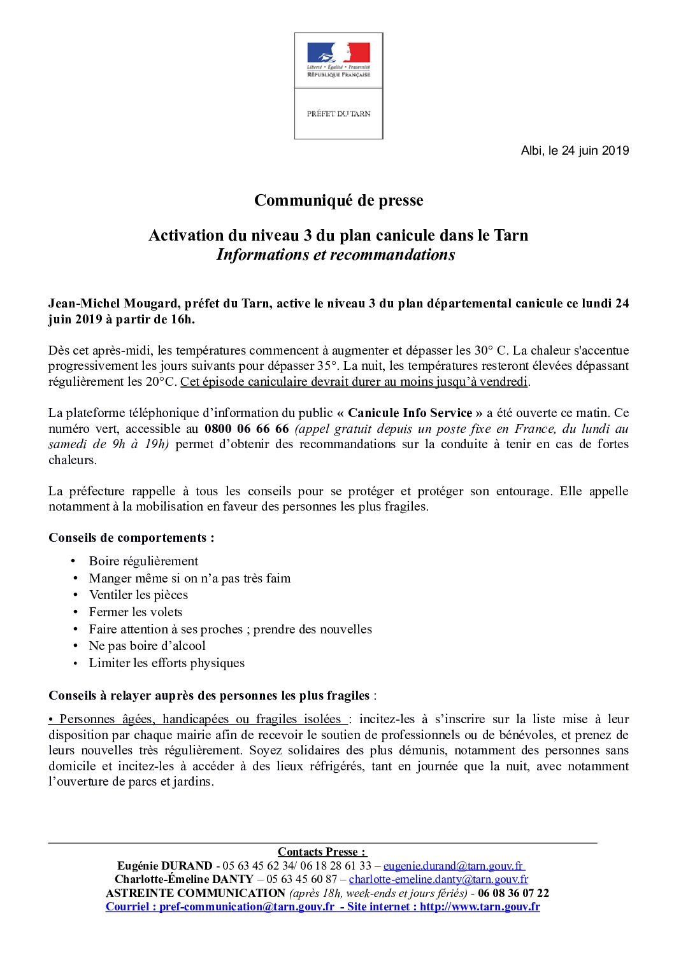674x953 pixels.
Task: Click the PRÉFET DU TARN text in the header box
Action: point(338,114)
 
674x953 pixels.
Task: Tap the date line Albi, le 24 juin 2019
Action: point(575,151)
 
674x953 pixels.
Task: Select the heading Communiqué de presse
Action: point(338,201)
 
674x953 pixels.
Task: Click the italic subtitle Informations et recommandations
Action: point(336,255)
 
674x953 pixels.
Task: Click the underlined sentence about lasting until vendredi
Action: point(354,382)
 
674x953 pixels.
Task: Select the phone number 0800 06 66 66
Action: point(247,429)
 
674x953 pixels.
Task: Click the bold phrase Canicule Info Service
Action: point(410,413)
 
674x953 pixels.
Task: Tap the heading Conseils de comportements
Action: point(131,538)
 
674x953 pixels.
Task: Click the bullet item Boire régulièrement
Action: point(143,561)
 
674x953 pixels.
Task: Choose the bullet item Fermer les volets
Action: point(136,612)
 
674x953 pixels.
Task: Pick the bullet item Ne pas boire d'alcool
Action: point(147,646)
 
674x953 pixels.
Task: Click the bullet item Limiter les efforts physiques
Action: point(166,663)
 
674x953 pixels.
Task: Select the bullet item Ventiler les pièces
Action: point(138,595)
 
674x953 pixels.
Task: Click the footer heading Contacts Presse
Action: point(322,852)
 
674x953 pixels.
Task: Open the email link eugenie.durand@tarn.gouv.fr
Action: point(453,866)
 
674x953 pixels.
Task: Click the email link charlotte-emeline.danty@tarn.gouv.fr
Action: point(438,879)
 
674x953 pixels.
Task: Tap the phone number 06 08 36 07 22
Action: point(513,893)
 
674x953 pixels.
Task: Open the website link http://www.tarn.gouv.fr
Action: point(480,907)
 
